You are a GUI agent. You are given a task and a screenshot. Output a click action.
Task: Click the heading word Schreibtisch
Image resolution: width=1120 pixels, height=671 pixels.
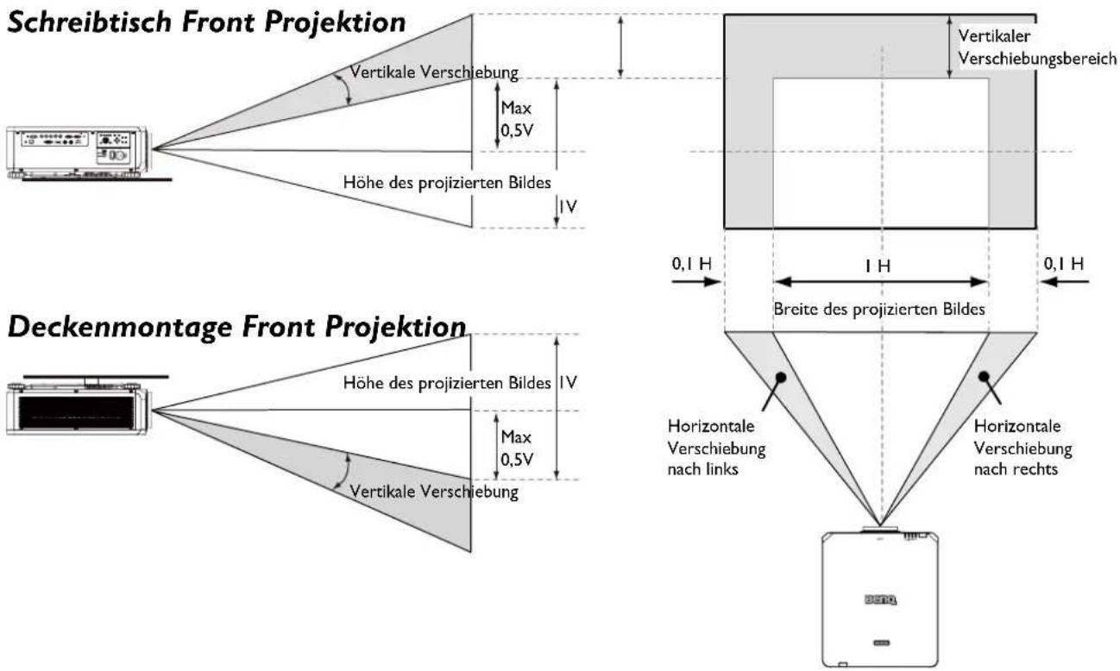[x=89, y=22]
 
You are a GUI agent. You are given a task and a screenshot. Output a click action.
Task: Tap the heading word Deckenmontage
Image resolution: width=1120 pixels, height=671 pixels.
[x=119, y=327]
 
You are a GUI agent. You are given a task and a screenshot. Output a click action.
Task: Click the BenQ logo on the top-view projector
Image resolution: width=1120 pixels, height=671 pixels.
[x=880, y=599]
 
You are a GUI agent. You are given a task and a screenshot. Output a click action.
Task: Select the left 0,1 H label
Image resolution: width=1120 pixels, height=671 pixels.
[x=691, y=264]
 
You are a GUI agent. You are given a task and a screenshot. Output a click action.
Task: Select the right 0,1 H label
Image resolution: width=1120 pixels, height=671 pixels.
[x=1064, y=264]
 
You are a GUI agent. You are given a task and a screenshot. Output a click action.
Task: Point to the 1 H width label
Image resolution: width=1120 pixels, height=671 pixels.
[x=878, y=266]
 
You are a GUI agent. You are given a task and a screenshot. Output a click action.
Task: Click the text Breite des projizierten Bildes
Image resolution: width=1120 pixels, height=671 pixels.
[x=879, y=310]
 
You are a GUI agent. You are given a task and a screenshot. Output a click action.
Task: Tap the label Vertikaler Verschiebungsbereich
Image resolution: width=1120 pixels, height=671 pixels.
[x=1036, y=47]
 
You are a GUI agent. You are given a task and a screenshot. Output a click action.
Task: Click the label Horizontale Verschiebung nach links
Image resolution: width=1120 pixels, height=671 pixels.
[x=716, y=448]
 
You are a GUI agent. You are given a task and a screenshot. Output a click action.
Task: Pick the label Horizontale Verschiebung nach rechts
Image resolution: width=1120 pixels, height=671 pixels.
[x=1022, y=448]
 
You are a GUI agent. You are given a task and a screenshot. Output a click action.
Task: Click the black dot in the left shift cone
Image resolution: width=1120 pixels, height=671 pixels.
[x=781, y=377]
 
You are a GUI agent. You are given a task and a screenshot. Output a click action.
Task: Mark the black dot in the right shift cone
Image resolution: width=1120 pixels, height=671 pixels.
[x=984, y=376]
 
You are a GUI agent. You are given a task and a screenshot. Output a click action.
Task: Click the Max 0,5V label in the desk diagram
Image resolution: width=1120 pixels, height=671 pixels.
[x=517, y=119]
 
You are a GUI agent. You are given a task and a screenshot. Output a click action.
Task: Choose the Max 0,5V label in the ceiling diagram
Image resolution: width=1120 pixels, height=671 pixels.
[x=517, y=448]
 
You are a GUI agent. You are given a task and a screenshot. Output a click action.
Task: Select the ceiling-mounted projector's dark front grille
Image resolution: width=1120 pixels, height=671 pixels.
[x=77, y=412]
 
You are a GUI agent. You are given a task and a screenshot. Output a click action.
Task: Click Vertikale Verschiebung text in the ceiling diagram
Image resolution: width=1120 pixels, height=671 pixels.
[x=433, y=492]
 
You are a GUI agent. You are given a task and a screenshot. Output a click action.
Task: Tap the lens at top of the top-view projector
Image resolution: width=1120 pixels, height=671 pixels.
[x=880, y=529]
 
